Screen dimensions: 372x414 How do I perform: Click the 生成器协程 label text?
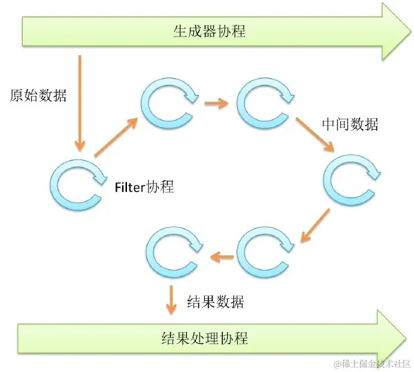(x=208, y=31)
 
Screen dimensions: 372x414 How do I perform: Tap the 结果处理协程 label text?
(x=204, y=338)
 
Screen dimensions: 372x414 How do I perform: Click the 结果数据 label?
(x=215, y=302)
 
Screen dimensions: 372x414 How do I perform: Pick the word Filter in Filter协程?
(x=129, y=187)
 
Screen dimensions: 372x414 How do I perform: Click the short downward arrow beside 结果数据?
(x=170, y=297)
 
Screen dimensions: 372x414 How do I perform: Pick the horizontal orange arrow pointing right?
(x=217, y=104)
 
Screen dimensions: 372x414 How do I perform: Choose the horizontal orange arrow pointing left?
(x=222, y=257)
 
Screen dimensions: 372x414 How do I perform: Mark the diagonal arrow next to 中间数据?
(x=316, y=135)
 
